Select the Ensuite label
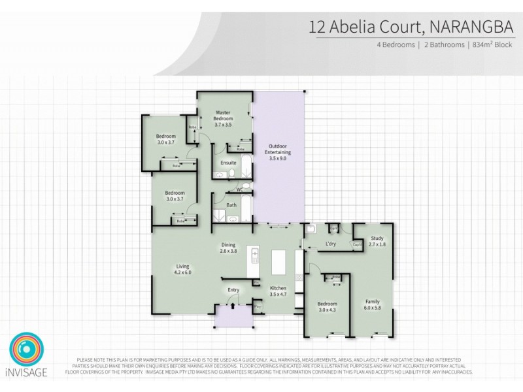click(228, 163)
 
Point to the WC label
click(239, 189)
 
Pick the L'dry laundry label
click(330, 244)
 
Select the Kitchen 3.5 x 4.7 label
click(278, 291)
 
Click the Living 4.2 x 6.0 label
click(182, 269)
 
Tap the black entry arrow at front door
click(232, 303)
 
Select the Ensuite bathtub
click(245, 166)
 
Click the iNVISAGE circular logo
click(26, 350)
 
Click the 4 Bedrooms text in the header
click(396, 45)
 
